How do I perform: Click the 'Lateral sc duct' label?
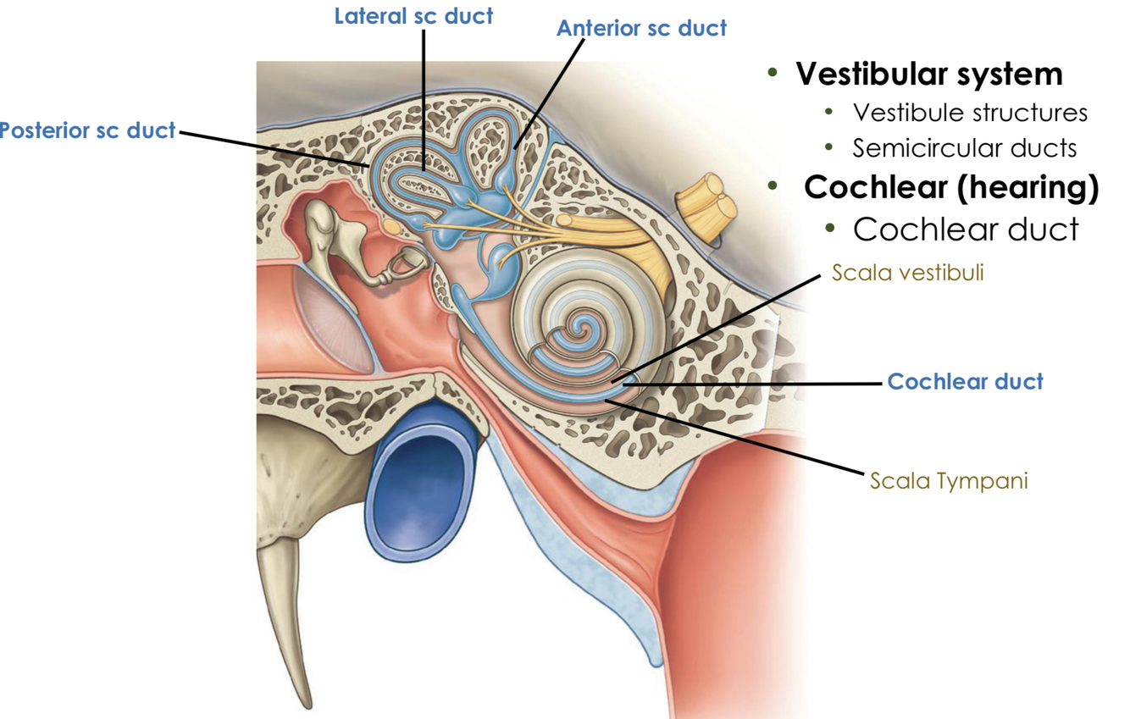pos(413,16)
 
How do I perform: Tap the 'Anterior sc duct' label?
pos(641,28)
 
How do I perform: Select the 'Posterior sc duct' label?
pos(86,130)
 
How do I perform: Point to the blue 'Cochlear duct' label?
pos(965,382)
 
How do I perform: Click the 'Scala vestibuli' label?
pos(907,273)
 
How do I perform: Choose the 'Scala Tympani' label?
pos(949,481)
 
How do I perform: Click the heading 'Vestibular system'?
pos(928,74)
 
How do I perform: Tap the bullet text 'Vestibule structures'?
pos(970,112)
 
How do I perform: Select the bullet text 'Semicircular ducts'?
pos(965,148)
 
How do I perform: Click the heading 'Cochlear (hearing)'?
pos(950,186)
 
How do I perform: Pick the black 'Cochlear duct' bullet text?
pos(966,229)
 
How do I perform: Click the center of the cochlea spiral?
pos(580,324)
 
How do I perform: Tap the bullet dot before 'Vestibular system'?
pos(773,74)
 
